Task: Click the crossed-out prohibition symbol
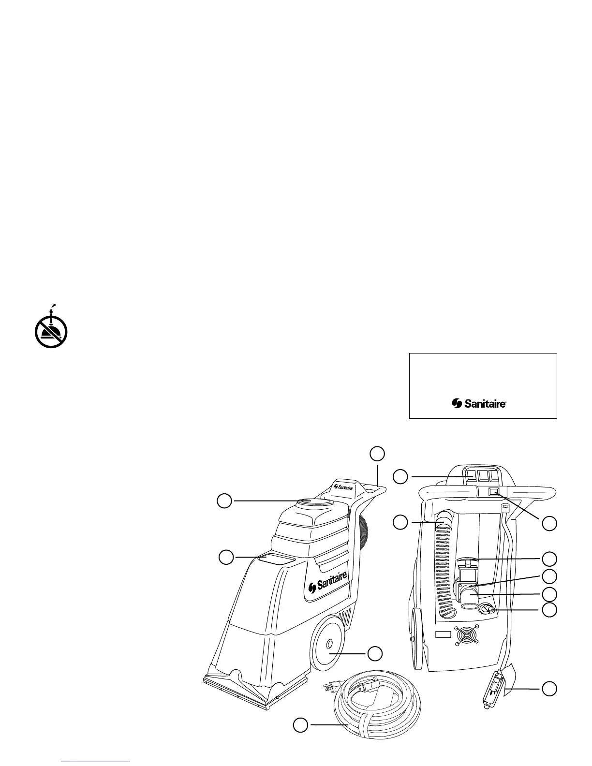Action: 51,332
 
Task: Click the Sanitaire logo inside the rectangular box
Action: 479,403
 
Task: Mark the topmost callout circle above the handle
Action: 378,453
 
